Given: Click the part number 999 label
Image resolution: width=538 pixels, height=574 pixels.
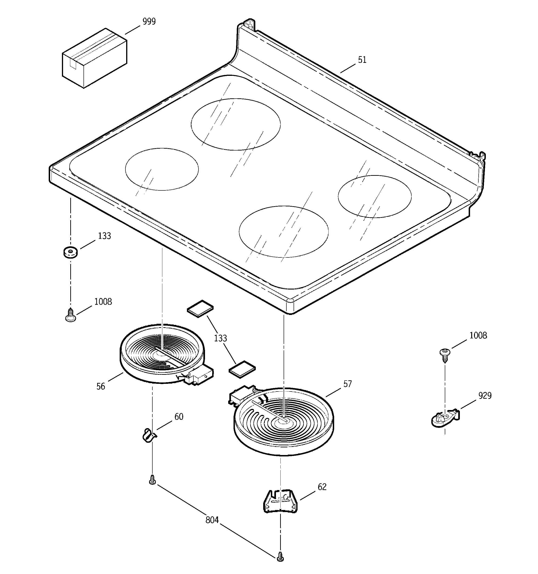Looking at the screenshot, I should (149, 22).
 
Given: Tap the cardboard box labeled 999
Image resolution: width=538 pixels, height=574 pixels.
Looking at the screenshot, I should (94, 58).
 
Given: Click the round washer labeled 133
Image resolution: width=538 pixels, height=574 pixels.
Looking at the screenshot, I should (70, 252).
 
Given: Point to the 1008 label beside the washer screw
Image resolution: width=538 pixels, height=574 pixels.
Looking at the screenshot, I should (103, 302).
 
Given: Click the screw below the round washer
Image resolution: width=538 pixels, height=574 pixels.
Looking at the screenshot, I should (70, 315).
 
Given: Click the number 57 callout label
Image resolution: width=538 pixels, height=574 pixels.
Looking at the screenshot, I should (347, 384).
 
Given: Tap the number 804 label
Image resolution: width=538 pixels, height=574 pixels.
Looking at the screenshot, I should (212, 520).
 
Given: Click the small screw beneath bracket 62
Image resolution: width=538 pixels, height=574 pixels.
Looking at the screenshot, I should (280, 556).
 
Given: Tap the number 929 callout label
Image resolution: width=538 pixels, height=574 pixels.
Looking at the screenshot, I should (485, 396).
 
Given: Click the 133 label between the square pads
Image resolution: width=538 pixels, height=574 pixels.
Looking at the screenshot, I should (220, 338).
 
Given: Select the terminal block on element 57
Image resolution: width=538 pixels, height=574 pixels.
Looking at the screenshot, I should (241, 395).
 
